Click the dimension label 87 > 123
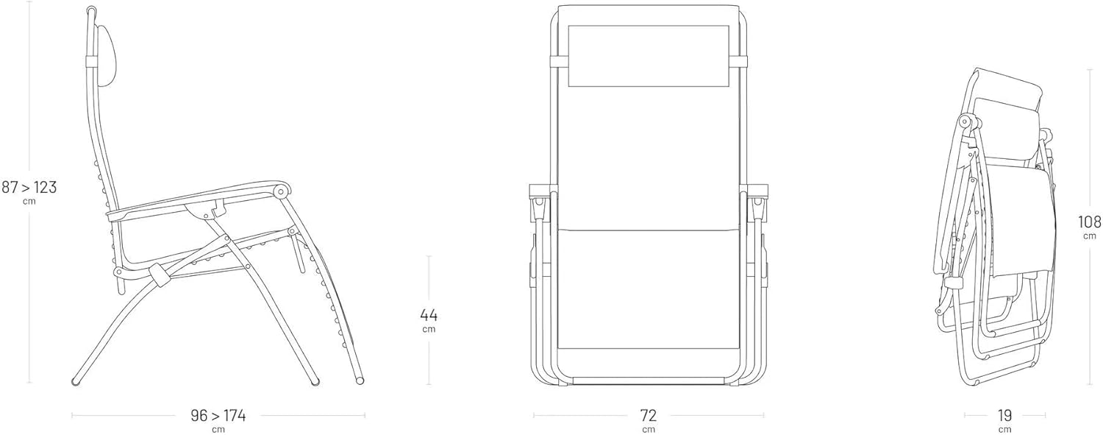pos(29,187)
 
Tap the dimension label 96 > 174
pos(218,416)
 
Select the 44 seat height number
pos(429,314)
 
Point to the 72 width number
pos(649,416)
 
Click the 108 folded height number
pos(1089,222)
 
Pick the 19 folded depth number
pos(1004,416)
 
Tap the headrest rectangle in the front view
pos(649,56)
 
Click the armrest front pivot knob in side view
pos(281,191)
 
